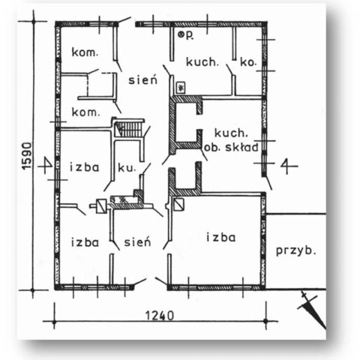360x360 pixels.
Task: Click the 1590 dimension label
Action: [27, 156]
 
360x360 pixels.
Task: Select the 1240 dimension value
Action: [160, 316]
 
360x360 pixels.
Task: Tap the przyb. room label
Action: [295, 250]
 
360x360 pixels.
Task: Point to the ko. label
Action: [248, 62]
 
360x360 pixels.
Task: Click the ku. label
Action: [127, 168]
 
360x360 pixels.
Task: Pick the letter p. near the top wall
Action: [190, 35]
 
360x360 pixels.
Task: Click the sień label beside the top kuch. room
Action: [143, 80]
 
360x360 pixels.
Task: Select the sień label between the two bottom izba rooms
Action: [138, 241]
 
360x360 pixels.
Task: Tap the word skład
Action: [241, 148]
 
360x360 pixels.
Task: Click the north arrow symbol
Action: [312, 309]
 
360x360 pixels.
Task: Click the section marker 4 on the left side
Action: [47, 166]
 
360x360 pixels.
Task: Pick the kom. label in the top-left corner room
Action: [85, 52]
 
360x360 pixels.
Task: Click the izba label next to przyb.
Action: [221, 237]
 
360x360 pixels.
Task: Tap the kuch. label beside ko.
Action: [202, 62]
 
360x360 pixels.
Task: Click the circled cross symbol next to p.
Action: [181, 34]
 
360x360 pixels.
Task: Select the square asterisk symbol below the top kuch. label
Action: [181, 88]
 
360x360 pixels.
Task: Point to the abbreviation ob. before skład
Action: [212, 148]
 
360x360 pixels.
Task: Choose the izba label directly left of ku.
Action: [85, 167]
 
